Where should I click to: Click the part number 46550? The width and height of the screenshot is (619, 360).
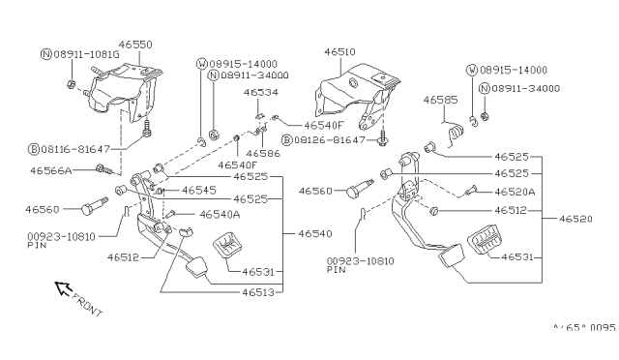(x=135, y=45)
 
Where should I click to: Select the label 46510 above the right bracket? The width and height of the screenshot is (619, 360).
(x=339, y=51)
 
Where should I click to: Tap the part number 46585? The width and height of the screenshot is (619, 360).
(x=441, y=100)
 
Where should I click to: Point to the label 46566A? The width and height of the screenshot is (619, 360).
(x=51, y=170)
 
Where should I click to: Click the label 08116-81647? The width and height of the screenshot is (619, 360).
(x=75, y=149)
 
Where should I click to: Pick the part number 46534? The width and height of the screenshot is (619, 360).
(x=261, y=93)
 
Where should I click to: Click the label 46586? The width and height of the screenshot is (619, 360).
(x=263, y=153)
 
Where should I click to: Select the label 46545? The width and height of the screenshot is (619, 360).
(x=199, y=191)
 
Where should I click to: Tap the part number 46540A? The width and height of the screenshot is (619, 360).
(x=220, y=215)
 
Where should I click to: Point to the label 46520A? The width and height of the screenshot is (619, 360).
(x=516, y=192)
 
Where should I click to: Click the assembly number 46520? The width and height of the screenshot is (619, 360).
(x=575, y=219)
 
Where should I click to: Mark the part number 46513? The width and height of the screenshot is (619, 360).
(x=258, y=292)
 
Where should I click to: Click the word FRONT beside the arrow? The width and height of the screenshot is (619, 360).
(x=87, y=305)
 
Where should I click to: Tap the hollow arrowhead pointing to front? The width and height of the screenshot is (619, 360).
(x=62, y=288)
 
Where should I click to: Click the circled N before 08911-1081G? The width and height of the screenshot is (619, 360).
(x=46, y=54)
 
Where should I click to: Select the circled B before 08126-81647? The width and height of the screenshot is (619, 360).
(x=287, y=140)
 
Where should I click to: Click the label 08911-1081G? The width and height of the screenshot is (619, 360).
(x=86, y=54)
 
